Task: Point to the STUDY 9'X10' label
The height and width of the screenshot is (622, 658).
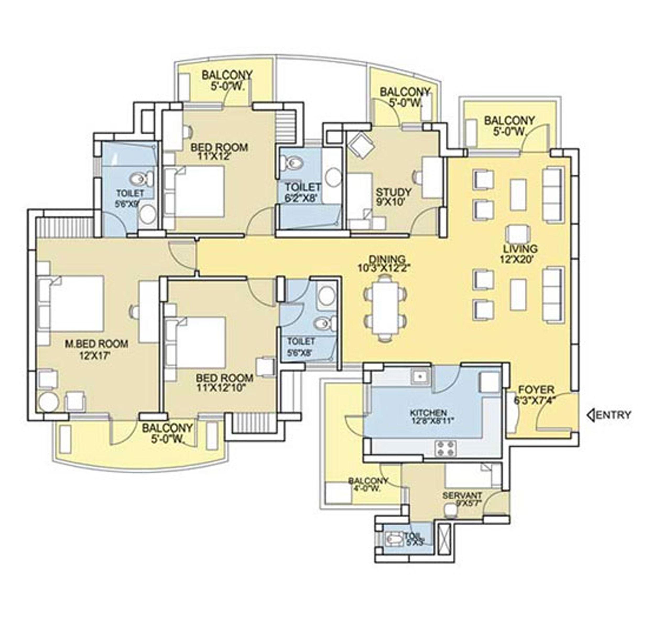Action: [393, 197]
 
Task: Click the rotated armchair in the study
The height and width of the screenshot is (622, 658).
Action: [361, 146]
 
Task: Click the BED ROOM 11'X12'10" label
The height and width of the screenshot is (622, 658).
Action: [224, 382]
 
